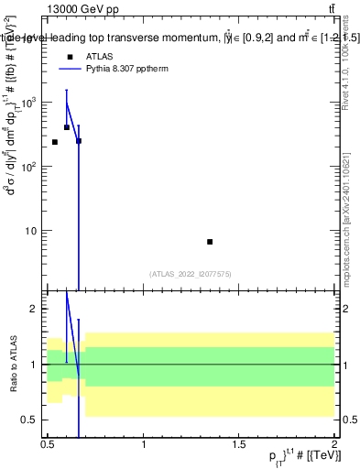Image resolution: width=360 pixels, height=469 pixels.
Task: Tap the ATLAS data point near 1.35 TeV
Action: pos(210,242)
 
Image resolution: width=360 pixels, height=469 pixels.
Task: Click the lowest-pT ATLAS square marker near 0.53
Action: pos(55,142)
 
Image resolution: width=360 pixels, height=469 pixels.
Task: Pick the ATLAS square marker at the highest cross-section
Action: pos(67,127)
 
